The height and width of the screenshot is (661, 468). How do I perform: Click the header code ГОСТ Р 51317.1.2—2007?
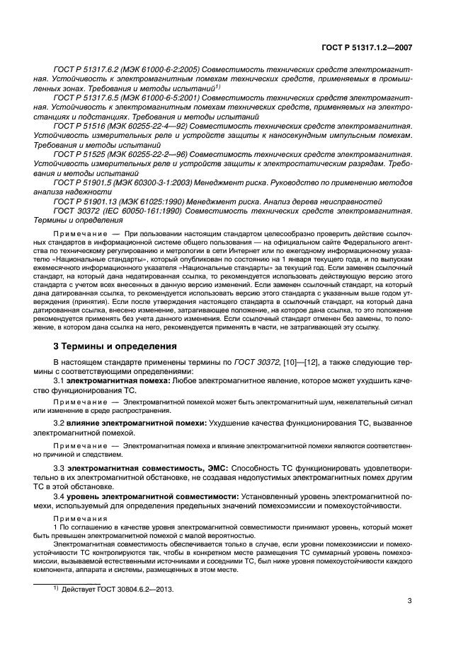[x=369, y=47]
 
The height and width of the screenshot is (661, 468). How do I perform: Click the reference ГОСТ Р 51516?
[x=80, y=122]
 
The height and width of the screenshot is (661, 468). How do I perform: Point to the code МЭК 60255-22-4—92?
[x=142, y=122]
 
